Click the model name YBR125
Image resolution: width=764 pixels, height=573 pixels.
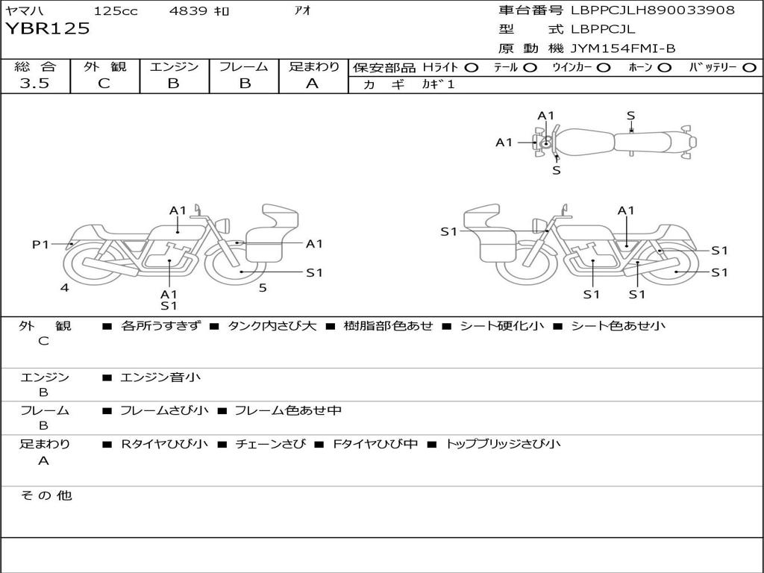pyautogui.click(x=48, y=28)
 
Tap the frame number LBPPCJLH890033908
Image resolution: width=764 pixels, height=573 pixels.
pyautogui.click(x=652, y=10)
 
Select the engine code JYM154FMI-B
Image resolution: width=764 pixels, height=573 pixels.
pyautogui.click(x=623, y=48)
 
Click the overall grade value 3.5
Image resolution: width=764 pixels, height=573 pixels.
pyautogui.click(x=34, y=83)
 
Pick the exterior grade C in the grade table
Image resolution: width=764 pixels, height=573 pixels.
pyautogui.click(x=104, y=84)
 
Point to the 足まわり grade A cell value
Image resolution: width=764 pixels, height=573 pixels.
pyautogui.click(x=313, y=84)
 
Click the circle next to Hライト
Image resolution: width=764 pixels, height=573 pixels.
pyautogui.click(x=472, y=68)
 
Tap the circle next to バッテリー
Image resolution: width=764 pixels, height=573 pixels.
pyautogui.click(x=749, y=68)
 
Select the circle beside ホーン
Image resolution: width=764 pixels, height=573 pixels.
pyautogui.click(x=665, y=68)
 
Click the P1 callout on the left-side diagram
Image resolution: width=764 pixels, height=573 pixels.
pyautogui.click(x=41, y=244)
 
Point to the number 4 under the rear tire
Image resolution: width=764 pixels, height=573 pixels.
pyautogui.click(x=65, y=287)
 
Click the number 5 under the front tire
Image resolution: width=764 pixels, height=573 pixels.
pyautogui.click(x=263, y=288)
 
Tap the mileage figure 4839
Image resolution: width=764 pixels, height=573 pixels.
pyautogui.click(x=188, y=10)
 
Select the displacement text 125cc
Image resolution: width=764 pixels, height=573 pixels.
pyautogui.click(x=116, y=10)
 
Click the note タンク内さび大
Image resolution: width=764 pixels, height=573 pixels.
pyautogui.click(x=272, y=325)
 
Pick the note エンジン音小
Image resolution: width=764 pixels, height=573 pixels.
pyautogui.click(x=160, y=377)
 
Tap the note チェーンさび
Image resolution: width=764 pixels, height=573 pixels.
pyautogui.click(x=270, y=444)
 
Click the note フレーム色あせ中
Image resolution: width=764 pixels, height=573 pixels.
pyautogui.click(x=288, y=411)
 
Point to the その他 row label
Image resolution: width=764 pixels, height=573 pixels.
pyautogui.click(x=46, y=495)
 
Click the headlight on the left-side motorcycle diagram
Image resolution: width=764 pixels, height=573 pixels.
pyautogui.click(x=225, y=225)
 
